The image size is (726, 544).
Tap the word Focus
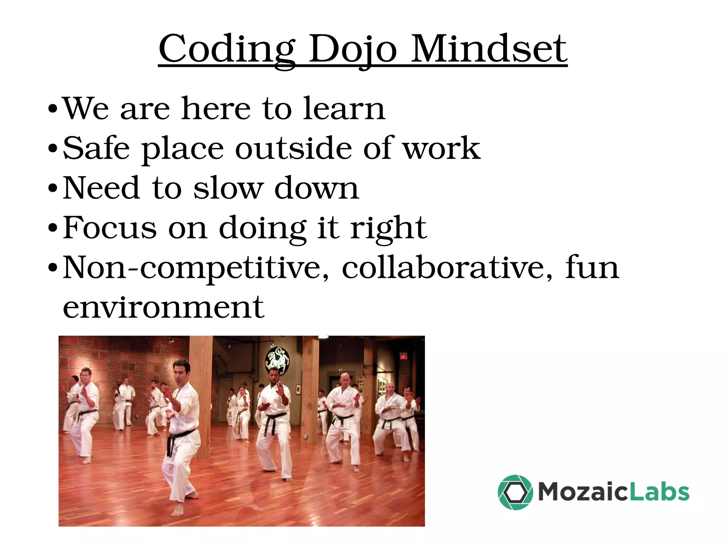[110, 228]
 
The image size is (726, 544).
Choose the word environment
[163, 307]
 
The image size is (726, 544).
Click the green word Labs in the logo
[660, 492]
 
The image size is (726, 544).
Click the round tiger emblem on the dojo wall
[277, 361]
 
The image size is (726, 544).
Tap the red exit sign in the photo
[403, 357]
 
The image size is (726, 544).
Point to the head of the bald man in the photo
[345, 380]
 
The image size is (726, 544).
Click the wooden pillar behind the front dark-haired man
[201, 369]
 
